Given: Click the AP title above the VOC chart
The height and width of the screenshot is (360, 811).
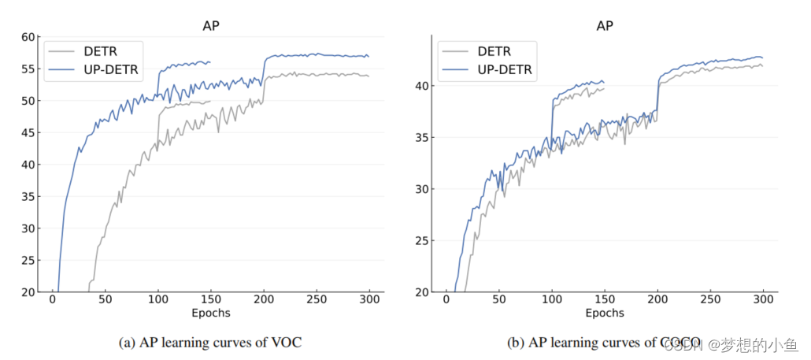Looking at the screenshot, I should [210, 25].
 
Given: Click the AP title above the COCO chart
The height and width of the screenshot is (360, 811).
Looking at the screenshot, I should [605, 25].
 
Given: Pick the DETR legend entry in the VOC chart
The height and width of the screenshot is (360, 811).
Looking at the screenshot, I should [101, 51].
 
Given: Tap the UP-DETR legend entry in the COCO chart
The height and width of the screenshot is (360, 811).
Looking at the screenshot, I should [505, 70].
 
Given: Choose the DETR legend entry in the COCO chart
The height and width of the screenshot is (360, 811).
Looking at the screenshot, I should [494, 51].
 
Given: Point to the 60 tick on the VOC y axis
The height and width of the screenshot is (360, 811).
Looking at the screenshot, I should [28, 37].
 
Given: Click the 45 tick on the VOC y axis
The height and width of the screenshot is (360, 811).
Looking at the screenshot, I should [28, 132].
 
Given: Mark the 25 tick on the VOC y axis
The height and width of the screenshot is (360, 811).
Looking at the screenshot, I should [28, 260].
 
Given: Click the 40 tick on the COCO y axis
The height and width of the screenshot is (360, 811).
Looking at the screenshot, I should [422, 86].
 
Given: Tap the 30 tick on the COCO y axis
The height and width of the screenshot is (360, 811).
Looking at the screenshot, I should [422, 189].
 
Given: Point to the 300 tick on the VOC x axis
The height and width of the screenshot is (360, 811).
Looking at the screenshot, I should [369, 299].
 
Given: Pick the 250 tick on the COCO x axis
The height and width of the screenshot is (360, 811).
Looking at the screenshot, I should [710, 299].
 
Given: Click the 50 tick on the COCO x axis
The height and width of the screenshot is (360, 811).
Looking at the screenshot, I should [499, 299].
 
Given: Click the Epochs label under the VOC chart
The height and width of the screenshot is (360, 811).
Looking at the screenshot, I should [210, 313].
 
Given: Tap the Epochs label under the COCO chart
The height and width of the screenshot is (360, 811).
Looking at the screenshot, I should [605, 313].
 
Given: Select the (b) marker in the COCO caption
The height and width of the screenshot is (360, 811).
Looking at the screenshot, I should [518, 343].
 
